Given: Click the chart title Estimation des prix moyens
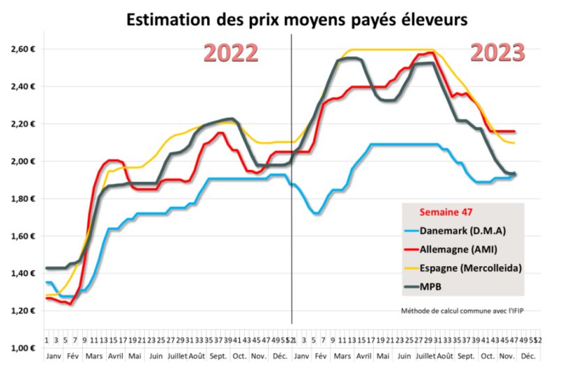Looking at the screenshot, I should click(x=296, y=19).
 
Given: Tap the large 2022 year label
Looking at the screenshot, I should click(x=231, y=54).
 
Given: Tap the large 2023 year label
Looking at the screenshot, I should click(x=497, y=53).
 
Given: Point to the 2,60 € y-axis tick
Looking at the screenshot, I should click(x=22, y=49).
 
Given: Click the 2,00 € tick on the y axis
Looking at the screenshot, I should click(x=22, y=162).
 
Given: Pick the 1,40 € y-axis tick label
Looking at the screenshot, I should click(x=22, y=273).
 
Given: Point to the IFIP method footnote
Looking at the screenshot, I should click(x=462, y=311).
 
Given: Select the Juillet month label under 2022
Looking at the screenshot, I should click(x=176, y=355).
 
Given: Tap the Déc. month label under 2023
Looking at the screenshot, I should click(x=528, y=355).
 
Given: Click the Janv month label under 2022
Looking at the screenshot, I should click(x=53, y=355).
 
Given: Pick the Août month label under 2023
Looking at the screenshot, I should click(x=444, y=355).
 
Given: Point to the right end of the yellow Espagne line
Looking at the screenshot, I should click(x=515, y=143).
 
